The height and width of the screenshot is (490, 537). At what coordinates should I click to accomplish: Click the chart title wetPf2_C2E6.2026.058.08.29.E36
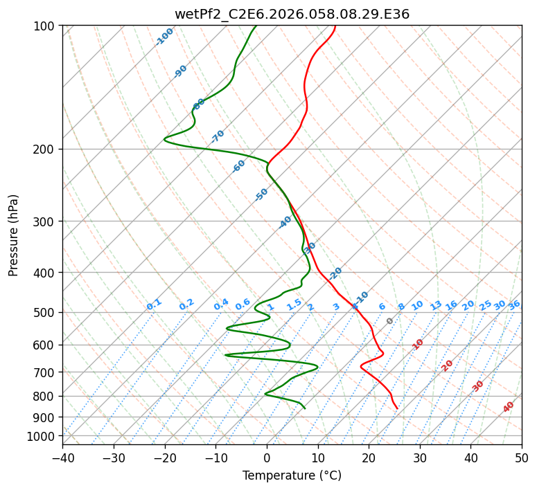point(292,14)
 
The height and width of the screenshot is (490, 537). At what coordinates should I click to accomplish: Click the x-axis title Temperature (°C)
point(292,476)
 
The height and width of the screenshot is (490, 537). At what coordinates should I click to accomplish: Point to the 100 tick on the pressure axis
point(45,26)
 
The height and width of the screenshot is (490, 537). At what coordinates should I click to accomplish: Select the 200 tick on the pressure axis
point(45,149)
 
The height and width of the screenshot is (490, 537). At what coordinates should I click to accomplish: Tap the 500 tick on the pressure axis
point(45,312)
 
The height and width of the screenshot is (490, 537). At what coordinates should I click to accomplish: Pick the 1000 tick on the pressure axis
point(42,436)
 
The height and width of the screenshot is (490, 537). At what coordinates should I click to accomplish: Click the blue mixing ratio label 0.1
point(154,304)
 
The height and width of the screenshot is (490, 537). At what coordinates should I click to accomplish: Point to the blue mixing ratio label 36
point(514,305)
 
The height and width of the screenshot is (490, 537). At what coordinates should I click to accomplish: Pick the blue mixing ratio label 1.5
point(294,304)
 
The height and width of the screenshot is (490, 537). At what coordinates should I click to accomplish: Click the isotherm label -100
point(164,36)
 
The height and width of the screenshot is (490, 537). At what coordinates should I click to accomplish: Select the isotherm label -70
point(218,136)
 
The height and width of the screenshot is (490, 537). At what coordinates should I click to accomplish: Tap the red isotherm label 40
point(509,407)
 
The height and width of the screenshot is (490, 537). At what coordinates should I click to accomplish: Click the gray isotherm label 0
point(390,321)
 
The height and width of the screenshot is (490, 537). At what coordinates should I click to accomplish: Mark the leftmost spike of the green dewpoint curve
point(164,140)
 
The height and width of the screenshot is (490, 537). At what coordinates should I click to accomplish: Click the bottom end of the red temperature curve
point(397,408)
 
